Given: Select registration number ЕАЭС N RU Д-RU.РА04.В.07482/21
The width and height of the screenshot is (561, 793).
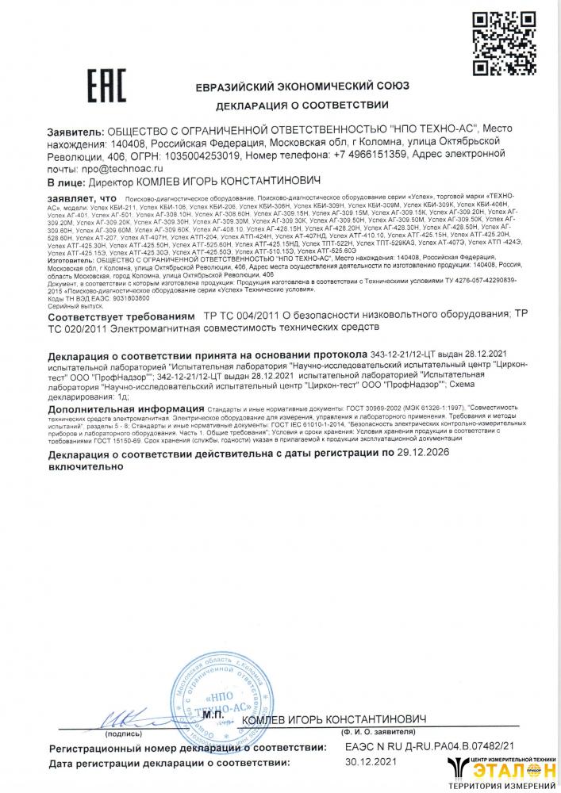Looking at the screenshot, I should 430,747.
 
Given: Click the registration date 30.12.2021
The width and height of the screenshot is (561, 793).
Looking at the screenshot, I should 368,763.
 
